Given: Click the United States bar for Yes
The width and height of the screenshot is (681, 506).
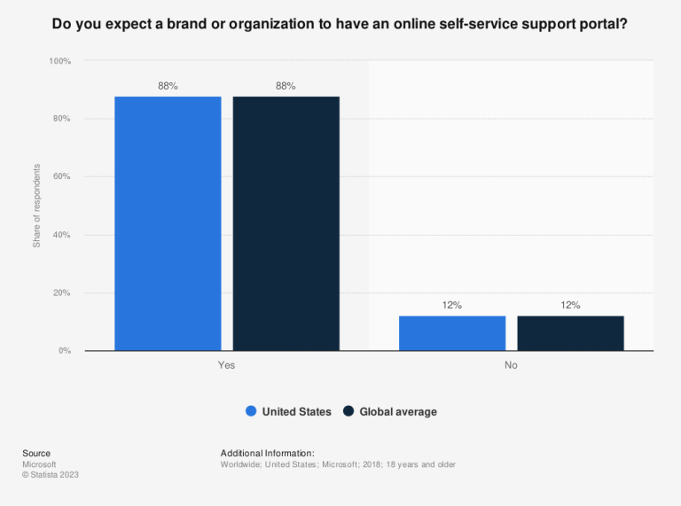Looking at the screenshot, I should pos(168,223).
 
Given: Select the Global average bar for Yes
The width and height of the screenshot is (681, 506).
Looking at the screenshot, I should pos(286,223).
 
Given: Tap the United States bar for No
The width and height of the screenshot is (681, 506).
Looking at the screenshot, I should pos(452,333).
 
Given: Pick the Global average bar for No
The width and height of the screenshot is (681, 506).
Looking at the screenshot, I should pos(570,333).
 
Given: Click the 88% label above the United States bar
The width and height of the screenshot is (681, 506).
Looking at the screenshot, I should pos(168,86).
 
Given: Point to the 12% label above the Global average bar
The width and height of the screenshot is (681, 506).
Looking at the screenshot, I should pos(570,306).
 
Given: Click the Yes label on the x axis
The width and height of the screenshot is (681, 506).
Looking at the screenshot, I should pos(227,364).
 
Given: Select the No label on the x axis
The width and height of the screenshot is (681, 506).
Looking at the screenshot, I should pos(511,364).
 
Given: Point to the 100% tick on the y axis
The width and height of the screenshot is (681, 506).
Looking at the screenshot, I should pos(60,61).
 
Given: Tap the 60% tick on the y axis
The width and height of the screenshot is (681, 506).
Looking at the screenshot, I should pos(62,177).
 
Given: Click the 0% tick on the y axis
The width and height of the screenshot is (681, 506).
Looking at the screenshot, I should pos(65,351).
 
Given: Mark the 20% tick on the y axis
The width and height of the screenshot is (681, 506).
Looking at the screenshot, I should pos(62,293).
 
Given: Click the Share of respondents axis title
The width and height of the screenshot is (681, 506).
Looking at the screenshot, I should pos(37,206).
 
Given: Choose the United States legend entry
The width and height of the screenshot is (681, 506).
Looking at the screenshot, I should pos(288,411).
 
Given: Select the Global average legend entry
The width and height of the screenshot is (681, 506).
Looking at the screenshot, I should pos(390,411).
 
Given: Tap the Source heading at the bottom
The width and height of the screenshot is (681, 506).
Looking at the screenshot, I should pos(36,453).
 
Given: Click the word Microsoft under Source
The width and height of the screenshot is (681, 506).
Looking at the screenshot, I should pos(39,463).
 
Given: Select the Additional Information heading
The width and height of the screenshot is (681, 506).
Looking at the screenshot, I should pos(267,453).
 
